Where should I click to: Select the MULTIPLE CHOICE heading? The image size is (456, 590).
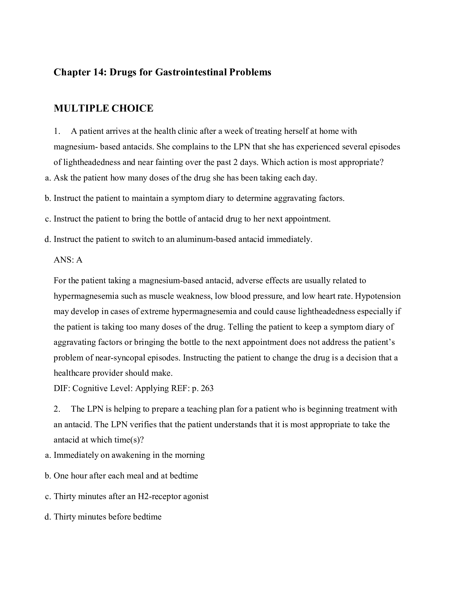point(104,108)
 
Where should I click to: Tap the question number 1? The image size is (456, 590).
point(56,131)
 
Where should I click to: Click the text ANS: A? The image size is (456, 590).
point(68,260)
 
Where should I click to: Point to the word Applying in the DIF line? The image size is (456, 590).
point(152,388)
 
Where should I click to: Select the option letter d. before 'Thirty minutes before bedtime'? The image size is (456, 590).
point(48,517)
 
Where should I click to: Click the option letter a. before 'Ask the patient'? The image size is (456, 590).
point(48,178)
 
